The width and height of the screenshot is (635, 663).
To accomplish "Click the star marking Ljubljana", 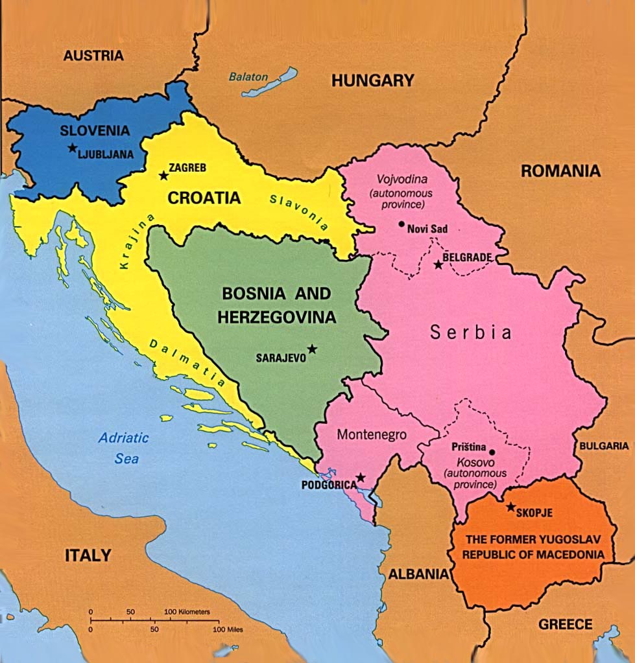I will tap(71, 148).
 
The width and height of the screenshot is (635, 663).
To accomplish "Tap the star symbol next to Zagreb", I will tap(163, 175).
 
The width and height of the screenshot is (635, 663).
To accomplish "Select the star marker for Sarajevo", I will tap(312, 349).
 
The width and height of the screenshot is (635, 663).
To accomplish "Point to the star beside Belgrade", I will tap(438, 264).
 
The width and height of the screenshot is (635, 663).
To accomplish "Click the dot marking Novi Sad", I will tap(401, 226).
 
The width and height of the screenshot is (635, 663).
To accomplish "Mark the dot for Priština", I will tap(492, 452).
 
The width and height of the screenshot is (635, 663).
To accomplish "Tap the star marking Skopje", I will tap(511, 507).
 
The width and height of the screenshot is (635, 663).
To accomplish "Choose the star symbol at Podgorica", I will tap(361, 478).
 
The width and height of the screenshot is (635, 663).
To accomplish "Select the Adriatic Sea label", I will tap(123, 448).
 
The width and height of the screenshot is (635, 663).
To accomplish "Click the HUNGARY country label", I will tap(372, 80).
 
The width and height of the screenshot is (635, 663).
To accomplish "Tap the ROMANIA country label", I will tap(560, 171).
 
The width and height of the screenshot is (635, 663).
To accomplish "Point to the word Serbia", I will tap(472, 332).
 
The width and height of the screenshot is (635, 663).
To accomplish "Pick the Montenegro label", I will tap(372, 435).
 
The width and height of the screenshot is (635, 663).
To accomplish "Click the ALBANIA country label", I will tap(418, 574).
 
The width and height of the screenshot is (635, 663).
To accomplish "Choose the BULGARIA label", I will tap(604, 446).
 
